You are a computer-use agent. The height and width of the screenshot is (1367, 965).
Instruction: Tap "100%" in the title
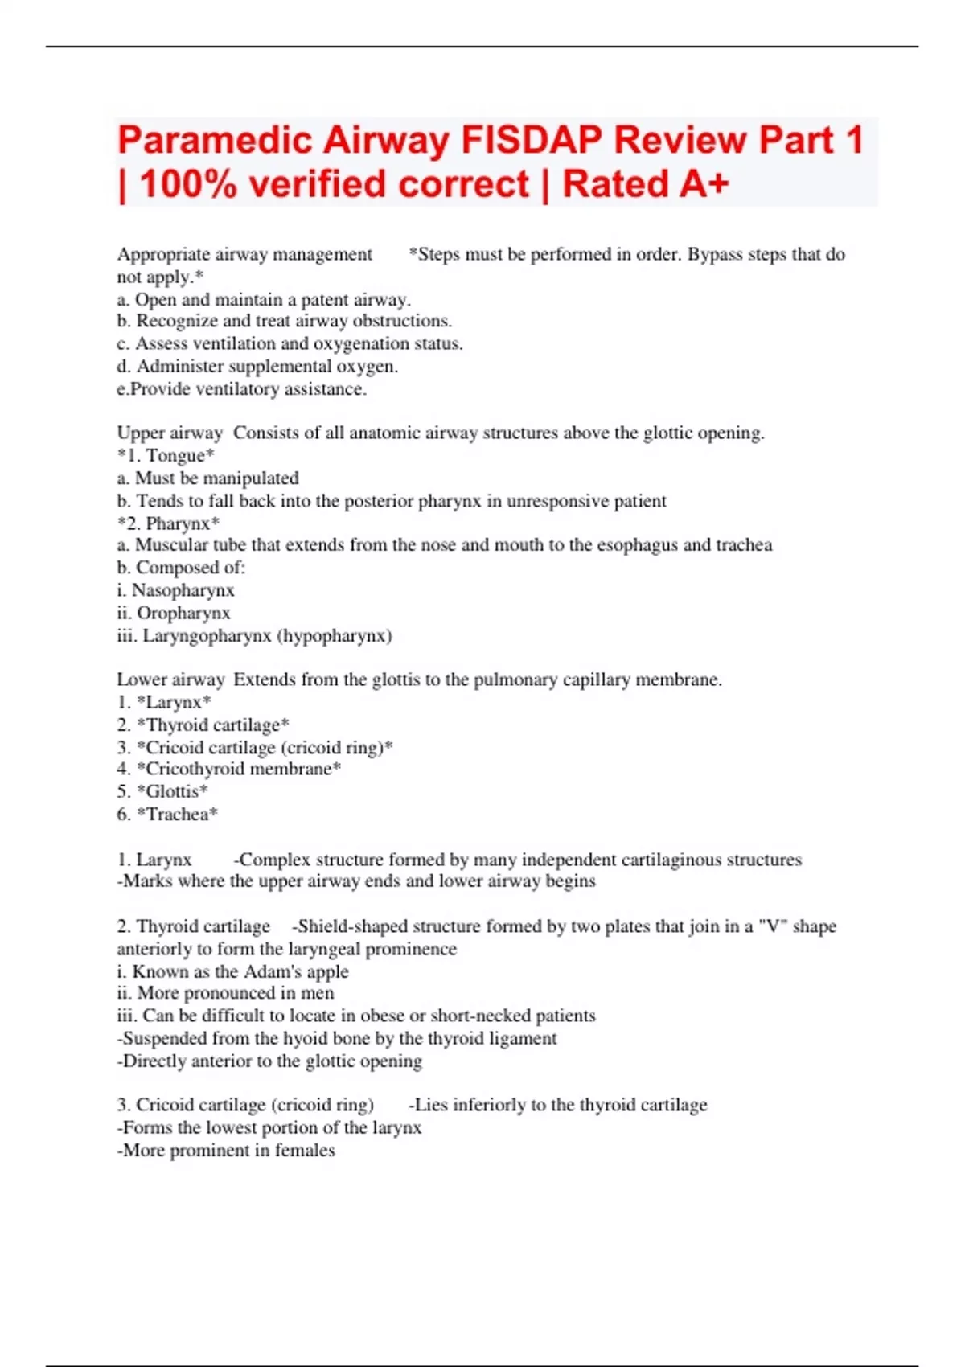tap(188, 184)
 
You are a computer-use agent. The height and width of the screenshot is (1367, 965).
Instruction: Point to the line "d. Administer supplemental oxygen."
tap(257, 367)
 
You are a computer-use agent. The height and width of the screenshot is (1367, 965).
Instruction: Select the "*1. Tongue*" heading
tap(166, 456)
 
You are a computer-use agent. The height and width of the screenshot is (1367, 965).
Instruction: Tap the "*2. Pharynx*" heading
tap(168, 523)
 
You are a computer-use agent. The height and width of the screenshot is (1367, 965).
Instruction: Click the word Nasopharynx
tap(183, 590)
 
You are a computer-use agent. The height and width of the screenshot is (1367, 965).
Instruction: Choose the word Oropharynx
tap(183, 613)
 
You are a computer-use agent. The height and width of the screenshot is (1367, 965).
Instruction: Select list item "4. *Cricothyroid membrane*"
tap(229, 769)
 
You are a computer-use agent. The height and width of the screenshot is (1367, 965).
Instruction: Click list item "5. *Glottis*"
tap(162, 791)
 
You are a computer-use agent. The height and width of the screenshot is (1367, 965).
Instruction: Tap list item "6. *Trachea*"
tap(167, 814)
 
